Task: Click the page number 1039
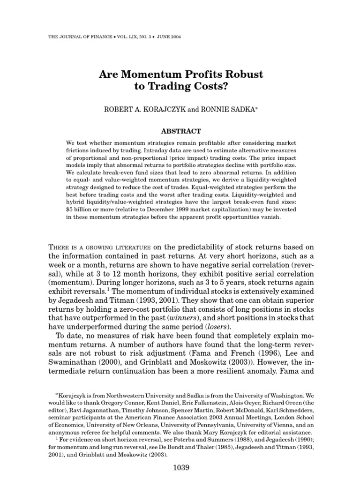(180, 467)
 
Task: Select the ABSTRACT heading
(180, 131)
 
